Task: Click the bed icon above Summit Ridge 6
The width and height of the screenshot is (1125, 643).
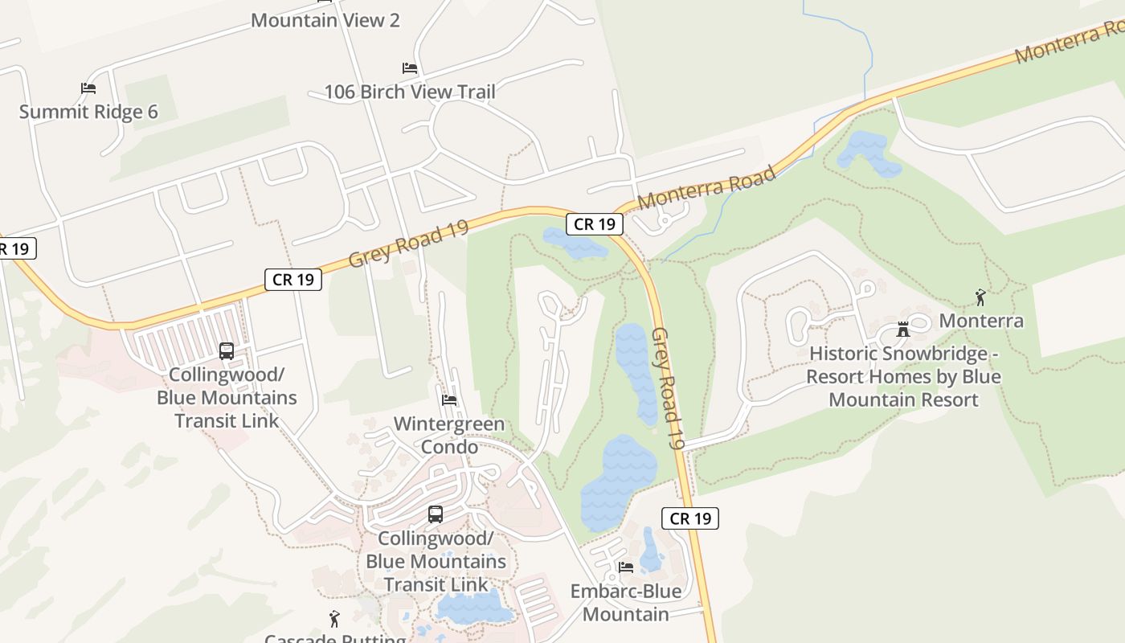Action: [88, 88]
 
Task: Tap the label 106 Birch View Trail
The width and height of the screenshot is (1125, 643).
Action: [410, 92]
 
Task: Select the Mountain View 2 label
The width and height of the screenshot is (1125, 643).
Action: [325, 20]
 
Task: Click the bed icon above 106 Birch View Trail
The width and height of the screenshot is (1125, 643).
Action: [410, 68]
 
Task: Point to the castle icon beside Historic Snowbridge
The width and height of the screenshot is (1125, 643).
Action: [903, 330]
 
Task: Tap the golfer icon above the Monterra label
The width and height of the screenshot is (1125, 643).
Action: [980, 297]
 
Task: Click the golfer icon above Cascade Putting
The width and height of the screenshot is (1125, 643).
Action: [335, 619]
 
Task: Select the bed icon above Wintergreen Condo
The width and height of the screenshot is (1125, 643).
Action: [449, 400]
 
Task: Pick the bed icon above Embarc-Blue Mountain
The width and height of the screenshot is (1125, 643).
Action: [625, 567]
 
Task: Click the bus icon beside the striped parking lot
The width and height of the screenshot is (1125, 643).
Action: [227, 351]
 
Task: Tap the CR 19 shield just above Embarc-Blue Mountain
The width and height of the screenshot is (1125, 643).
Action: [690, 518]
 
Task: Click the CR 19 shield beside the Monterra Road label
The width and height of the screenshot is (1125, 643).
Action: [595, 224]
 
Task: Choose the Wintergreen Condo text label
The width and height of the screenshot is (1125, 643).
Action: [449, 435]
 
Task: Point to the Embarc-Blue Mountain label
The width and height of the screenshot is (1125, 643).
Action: [625, 603]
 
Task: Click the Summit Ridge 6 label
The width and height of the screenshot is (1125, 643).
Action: [88, 112]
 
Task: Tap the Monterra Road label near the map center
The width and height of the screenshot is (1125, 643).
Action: [707, 188]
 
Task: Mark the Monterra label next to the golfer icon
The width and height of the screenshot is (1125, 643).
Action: [981, 321]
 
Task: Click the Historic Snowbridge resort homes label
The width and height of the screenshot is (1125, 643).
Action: [903, 376]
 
